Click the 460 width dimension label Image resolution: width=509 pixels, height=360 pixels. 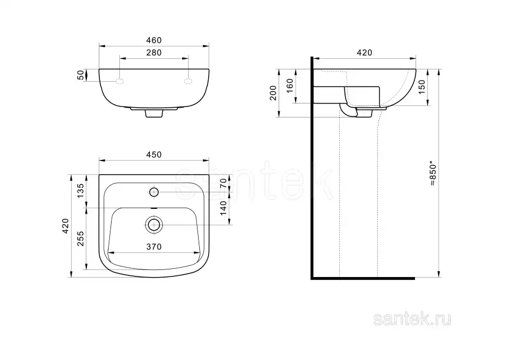(154, 40)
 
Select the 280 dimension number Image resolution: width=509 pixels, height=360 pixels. (154, 52)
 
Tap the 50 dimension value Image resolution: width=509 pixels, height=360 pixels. (81, 75)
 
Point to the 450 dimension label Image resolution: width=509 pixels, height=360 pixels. (154, 155)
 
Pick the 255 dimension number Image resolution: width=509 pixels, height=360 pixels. (81, 238)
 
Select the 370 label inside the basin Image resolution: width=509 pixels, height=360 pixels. (154, 247)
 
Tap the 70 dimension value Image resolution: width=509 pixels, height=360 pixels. (223, 184)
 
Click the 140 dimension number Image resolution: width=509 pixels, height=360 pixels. (223, 208)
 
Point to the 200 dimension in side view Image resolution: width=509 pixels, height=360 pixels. (273, 93)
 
